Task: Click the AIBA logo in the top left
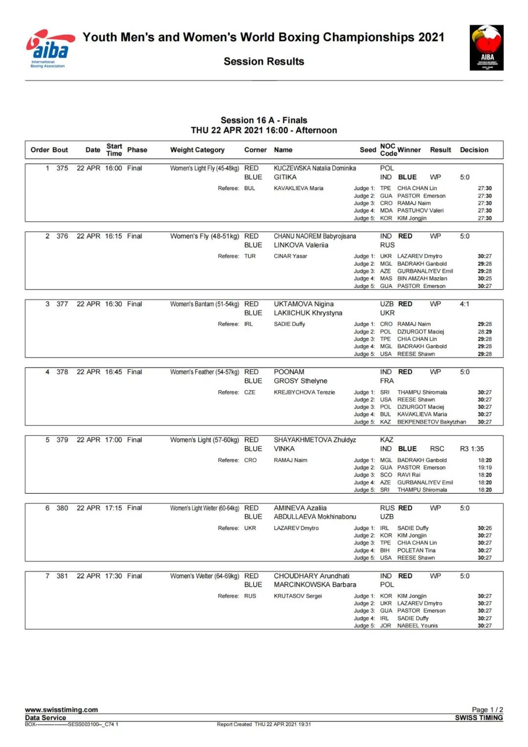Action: [x=50, y=49]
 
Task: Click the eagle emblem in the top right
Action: [x=486, y=47]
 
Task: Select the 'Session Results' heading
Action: [x=264, y=62]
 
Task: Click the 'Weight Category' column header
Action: [x=197, y=150]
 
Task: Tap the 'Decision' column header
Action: [x=474, y=150]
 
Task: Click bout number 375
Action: [x=62, y=168]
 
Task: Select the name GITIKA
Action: [x=285, y=177]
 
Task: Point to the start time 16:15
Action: [x=113, y=236]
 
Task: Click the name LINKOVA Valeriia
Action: [x=301, y=245]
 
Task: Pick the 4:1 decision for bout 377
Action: [x=464, y=304]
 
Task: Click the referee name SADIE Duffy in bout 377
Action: [x=289, y=324]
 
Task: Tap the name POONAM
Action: [x=289, y=372]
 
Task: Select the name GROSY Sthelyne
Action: [x=300, y=381]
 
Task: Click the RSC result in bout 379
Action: [x=437, y=449]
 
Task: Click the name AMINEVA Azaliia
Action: [x=300, y=508]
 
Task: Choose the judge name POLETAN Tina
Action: [x=416, y=550]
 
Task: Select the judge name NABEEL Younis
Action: [x=418, y=626]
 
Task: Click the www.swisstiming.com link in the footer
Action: [x=62, y=710]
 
